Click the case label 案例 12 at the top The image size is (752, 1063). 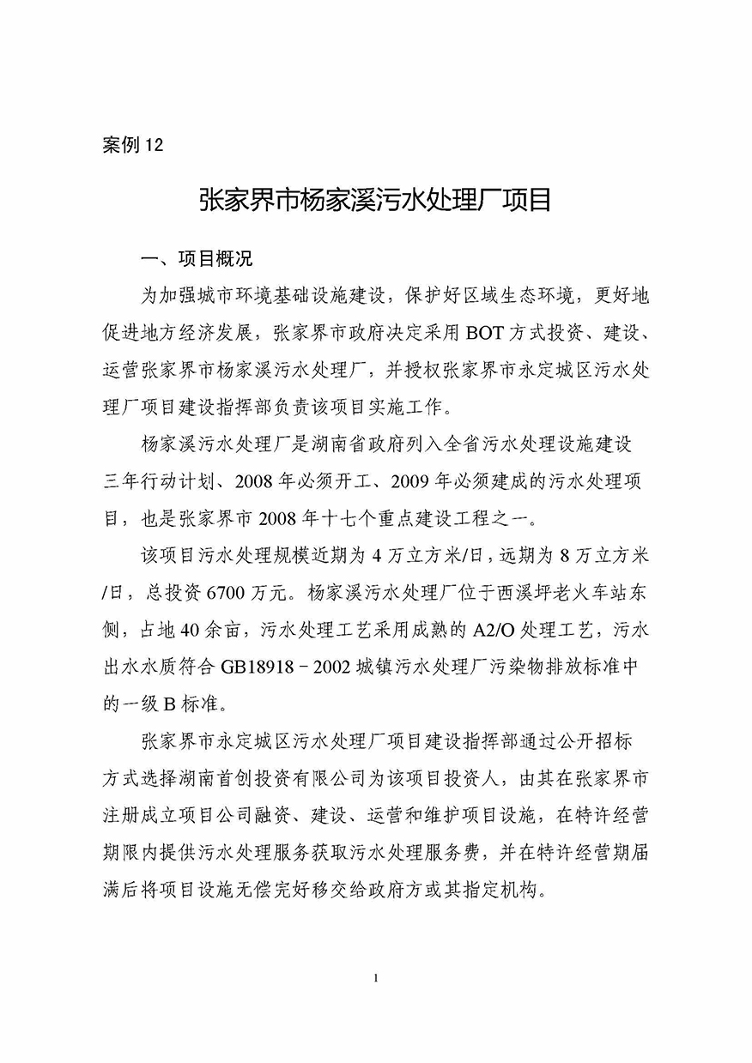click(131, 145)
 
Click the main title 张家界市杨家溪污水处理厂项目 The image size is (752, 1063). click(374, 202)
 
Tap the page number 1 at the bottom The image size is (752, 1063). click(376, 978)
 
